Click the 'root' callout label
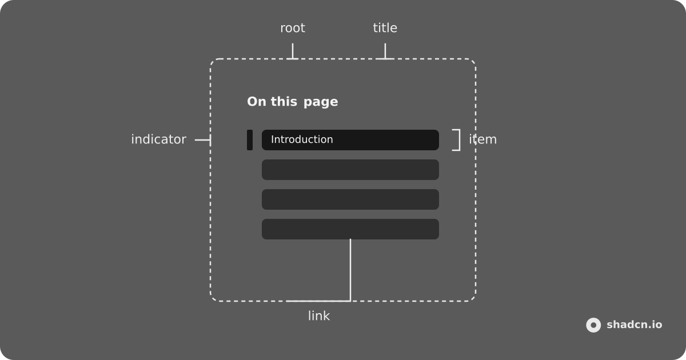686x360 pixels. [x=293, y=28]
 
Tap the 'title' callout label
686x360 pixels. [x=385, y=28]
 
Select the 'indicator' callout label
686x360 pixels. [x=159, y=139]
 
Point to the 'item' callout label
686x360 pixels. [x=483, y=139]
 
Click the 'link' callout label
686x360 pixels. [x=319, y=315]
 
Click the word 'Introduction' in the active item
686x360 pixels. [x=302, y=139]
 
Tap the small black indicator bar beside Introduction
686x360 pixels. [x=250, y=140]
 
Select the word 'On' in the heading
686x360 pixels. [x=257, y=102]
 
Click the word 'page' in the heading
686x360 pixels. [x=321, y=102]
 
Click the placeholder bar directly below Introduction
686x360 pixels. [x=350, y=170]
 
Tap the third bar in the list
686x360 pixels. [x=350, y=199]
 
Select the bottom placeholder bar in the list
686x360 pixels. [x=350, y=229]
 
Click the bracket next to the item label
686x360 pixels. [x=460, y=140]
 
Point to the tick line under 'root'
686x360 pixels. [x=293, y=51]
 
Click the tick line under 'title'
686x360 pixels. [x=385, y=51]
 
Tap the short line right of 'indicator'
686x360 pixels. [x=202, y=140]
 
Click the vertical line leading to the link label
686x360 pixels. [x=350, y=270]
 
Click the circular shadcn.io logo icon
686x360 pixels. [x=593, y=325]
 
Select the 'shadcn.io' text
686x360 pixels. [x=634, y=325]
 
